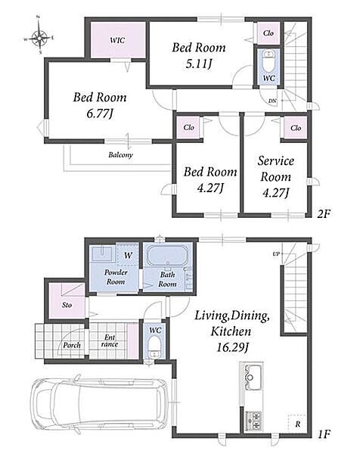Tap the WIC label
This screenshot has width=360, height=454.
tap(117, 40)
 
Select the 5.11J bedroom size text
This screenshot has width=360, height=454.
tap(199, 63)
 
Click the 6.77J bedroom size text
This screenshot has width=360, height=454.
tap(100, 113)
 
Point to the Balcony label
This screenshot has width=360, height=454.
tap(121, 154)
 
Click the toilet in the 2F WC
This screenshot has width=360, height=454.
tap(268, 61)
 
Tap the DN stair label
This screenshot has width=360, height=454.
tap(272, 101)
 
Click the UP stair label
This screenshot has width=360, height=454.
tap(276, 254)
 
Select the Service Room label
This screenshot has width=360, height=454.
tap(276, 169)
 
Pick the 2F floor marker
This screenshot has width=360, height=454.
tap(324, 214)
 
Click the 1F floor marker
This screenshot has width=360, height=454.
tap(324, 434)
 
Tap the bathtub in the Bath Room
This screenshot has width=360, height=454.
tap(167, 256)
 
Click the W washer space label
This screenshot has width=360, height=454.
tap(128, 255)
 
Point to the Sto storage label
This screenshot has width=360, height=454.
tap(67, 305)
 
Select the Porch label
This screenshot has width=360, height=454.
tap(72, 345)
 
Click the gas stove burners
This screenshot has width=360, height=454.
tap(253, 420)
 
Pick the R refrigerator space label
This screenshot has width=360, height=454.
tap(298, 424)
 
